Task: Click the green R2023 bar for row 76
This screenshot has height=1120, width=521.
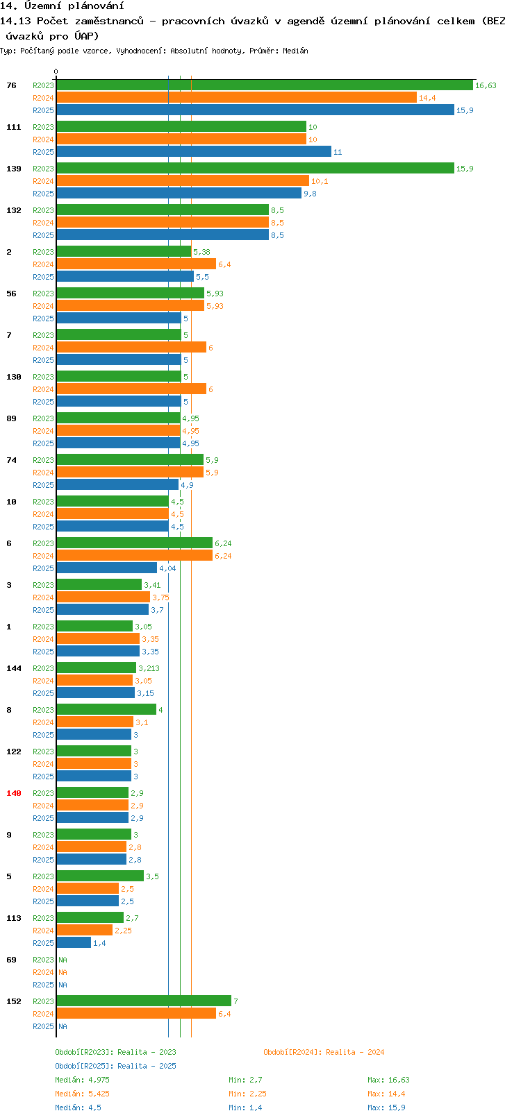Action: click(x=264, y=85)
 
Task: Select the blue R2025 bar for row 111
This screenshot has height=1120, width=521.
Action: click(x=194, y=152)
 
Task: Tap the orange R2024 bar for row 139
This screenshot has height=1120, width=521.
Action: click(x=183, y=181)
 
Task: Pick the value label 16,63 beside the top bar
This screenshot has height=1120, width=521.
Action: click(x=486, y=85)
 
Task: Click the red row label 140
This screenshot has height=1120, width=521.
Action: click(x=14, y=793)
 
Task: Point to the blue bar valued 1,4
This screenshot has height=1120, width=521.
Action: click(x=74, y=943)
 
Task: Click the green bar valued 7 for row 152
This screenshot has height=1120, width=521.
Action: click(x=144, y=1001)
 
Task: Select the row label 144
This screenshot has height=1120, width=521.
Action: click(x=14, y=668)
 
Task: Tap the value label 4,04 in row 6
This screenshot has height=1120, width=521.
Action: click(x=167, y=568)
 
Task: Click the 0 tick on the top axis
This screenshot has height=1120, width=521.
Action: click(x=56, y=72)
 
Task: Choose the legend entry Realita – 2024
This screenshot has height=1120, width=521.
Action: click(x=324, y=1052)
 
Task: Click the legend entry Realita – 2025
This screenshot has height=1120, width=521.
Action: click(x=116, y=1066)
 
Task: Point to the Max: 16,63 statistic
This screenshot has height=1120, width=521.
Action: click(x=388, y=1080)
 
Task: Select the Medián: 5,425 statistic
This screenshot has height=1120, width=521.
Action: click(x=83, y=1094)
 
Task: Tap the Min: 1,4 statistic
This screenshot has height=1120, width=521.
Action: click(x=245, y=1108)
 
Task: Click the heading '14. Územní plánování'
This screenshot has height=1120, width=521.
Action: click(x=62, y=6)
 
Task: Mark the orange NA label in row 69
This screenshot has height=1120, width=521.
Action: click(x=63, y=972)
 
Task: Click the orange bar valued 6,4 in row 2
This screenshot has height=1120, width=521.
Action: click(x=136, y=264)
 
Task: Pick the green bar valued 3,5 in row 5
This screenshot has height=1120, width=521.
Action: click(x=100, y=876)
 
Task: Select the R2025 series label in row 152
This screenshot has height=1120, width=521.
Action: click(x=43, y=1026)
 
